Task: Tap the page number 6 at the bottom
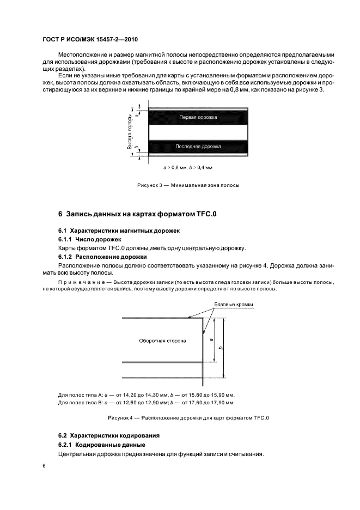pos(43,466)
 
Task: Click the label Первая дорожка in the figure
pos(198,117)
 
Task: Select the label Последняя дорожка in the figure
pos(198,147)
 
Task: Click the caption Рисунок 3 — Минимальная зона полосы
pos(188,185)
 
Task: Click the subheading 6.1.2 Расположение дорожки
pos(101,257)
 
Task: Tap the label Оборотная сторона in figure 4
pos(163,341)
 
